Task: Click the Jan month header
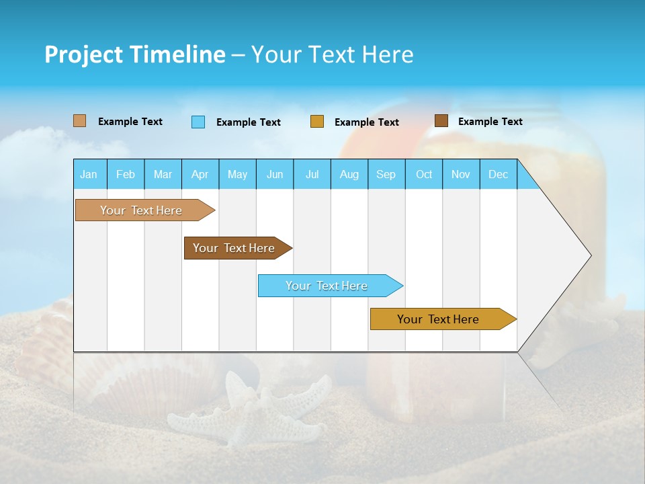coord(89,174)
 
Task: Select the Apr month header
coord(200,174)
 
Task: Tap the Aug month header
coord(349,174)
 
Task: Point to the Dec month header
coord(498,174)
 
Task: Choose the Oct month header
coord(424,174)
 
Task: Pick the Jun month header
coord(275,174)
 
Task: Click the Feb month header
coord(126,174)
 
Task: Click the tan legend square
coord(79,121)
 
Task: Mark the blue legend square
coord(198,122)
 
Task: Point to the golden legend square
coord(317,122)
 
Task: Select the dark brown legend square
coord(441,121)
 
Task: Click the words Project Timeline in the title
coord(135,54)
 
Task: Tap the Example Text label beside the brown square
coord(490,122)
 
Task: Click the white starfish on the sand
coord(249,410)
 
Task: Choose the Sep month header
coord(386,174)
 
